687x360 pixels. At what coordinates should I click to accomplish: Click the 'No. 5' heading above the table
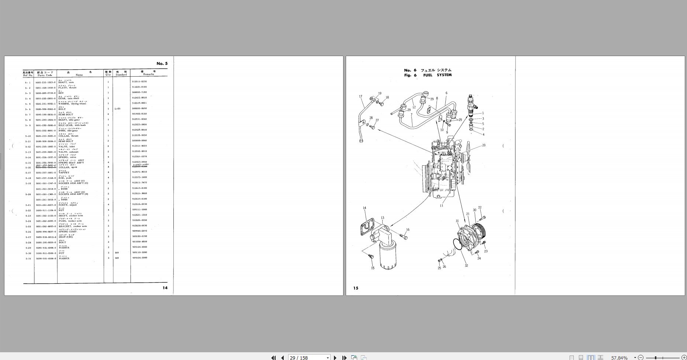pos(162,63)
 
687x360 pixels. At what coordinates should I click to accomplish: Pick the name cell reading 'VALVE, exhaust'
pos(69,152)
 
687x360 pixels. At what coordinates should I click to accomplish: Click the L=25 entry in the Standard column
pos(118,109)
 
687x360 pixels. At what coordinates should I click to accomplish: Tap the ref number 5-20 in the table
pos(28,194)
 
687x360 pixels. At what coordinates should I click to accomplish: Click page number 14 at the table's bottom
pos(165,288)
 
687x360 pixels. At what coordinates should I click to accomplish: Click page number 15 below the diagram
pos(356,288)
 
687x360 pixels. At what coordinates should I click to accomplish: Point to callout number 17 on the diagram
pos(360,97)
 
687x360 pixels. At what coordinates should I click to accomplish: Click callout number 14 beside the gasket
pos(365,208)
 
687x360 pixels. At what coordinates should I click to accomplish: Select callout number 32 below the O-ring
pos(466,266)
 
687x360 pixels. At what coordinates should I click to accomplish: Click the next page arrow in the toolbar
pos(335,357)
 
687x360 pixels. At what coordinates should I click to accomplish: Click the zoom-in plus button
pos(683,357)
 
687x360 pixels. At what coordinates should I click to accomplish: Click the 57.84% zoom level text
pos(619,357)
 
